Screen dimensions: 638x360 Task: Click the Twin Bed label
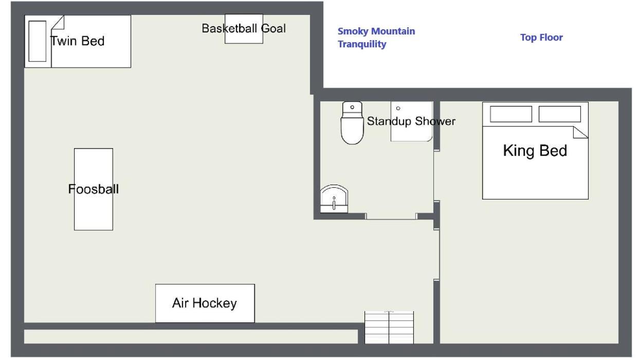tap(78, 41)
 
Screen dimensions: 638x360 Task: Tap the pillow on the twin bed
tap(38, 41)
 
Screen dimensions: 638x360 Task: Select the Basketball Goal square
tap(244, 29)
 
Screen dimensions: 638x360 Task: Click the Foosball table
tap(94, 189)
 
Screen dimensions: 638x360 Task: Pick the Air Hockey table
tap(205, 303)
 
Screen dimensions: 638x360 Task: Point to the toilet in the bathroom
tap(352, 123)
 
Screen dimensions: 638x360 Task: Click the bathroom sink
tap(334, 199)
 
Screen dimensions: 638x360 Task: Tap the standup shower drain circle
tap(398, 109)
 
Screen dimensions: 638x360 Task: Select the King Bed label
tap(535, 151)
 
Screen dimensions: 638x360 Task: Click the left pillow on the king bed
tap(511, 114)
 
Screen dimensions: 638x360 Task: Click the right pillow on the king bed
tap(560, 114)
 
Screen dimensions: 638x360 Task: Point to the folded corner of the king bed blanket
tap(580, 132)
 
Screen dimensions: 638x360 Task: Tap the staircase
tap(389, 328)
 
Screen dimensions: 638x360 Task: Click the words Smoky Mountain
tap(376, 31)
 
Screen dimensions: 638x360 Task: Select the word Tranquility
tap(362, 44)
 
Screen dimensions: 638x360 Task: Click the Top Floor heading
tap(541, 38)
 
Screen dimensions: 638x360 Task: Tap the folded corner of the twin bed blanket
tap(58, 22)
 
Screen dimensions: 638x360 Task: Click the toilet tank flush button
tap(352, 107)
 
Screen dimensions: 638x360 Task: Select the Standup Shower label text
tap(411, 121)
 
